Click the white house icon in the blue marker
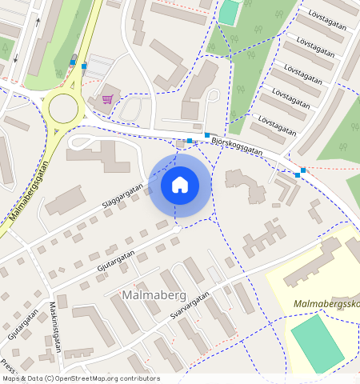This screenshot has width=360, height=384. pyautogui.click(x=180, y=185)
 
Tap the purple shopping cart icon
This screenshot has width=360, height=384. pyautogui.click(x=107, y=99)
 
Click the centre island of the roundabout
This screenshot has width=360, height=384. pyautogui.click(x=63, y=106)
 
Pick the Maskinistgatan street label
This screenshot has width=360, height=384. pyautogui.click(x=55, y=329)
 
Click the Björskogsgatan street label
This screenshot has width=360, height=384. pyautogui.click(x=238, y=145)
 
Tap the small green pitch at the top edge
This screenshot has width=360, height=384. pyautogui.click(x=230, y=12)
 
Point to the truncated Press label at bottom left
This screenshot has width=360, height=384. pyautogui.click(x=8, y=366)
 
